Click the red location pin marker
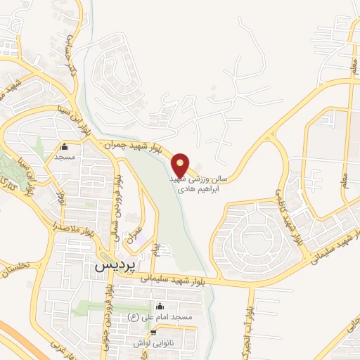181,165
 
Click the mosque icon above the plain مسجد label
65,147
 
